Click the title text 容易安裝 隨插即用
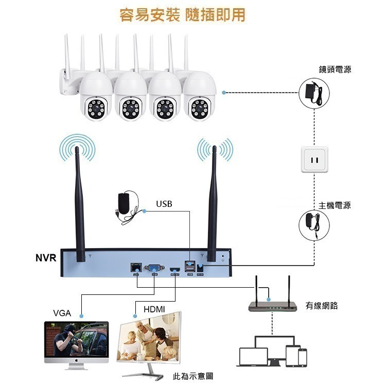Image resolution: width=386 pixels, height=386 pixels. pos(182,15)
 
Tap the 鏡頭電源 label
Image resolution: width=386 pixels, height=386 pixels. pos(335,69)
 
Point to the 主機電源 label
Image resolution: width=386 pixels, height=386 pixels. pos(335,205)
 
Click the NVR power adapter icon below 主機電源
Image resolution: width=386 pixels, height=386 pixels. pos(313,225)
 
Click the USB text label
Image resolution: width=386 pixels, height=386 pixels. pos(164,204)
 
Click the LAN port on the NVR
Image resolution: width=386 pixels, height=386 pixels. pos(136,268)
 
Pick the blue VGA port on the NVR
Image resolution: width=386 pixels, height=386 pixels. pos(153,268)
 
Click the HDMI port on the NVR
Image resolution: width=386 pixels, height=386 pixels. pos(175,269)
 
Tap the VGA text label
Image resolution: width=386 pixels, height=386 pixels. pos(62,313)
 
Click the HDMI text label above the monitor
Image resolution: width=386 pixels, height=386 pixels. pos(154,309)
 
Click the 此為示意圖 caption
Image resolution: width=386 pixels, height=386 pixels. pos(193,376)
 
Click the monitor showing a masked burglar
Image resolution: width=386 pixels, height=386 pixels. pos(76,341)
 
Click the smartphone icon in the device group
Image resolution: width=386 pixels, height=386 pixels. pos(302,357)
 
